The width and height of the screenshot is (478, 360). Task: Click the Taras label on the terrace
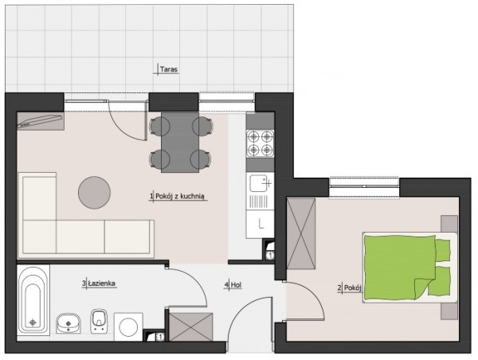(x=169, y=69)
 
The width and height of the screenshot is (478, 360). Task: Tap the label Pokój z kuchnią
(x=179, y=197)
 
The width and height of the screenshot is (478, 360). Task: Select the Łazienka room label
(x=101, y=284)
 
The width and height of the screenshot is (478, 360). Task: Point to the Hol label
(x=236, y=285)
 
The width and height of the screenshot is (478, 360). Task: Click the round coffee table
(x=94, y=193)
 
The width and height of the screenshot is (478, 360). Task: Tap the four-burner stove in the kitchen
(x=260, y=143)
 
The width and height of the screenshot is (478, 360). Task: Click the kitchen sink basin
(x=258, y=183)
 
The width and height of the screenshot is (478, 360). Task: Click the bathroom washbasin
(x=69, y=323)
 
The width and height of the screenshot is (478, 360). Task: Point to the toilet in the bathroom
(x=99, y=321)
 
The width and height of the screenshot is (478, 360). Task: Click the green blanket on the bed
(x=400, y=268)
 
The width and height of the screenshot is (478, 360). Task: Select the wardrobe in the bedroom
(x=301, y=234)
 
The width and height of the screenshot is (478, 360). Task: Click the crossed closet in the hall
(x=190, y=327)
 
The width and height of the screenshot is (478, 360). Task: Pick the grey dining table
(x=180, y=143)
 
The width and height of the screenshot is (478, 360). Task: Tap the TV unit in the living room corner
(x=41, y=121)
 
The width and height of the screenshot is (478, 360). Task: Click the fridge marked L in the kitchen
(x=261, y=225)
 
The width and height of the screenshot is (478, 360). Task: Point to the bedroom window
(x=364, y=187)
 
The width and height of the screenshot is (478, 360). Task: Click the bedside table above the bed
(x=449, y=224)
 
